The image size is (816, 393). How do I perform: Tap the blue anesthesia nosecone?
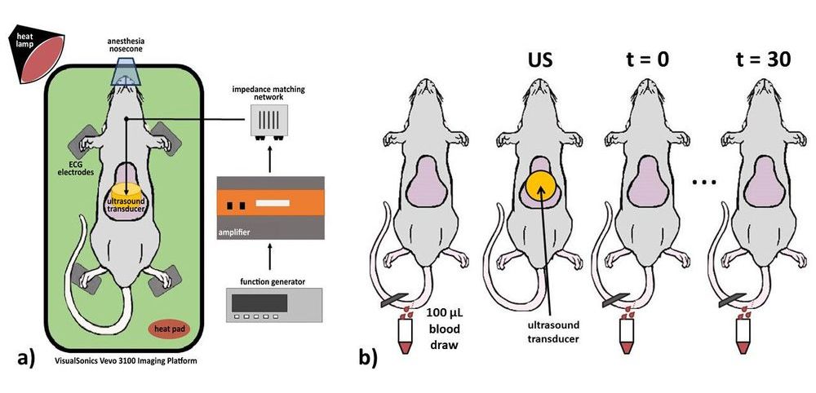coord(126,74)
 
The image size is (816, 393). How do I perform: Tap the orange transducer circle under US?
coord(543,189)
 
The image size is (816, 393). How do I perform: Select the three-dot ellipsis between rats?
coord(703,183)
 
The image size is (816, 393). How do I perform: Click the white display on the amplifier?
coord(271,200)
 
